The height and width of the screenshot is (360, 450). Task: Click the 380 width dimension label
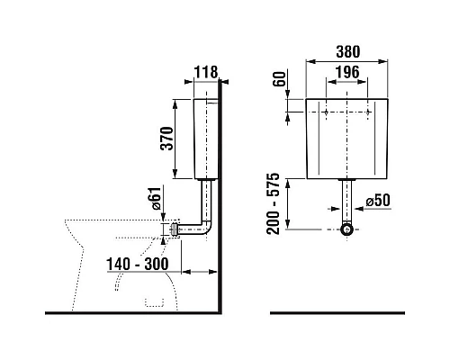coord(348,51)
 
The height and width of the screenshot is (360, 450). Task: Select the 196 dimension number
coord(347,72)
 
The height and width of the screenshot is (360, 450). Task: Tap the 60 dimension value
coord(279,79)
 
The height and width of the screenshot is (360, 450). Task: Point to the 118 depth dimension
coord(206,72)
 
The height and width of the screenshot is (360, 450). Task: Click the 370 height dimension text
coord(166,139)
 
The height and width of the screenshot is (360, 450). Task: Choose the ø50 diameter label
coord(378,201)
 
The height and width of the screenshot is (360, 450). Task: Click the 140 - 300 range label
coord(137,264)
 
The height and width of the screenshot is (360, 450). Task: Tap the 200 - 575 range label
coord(273,203)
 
